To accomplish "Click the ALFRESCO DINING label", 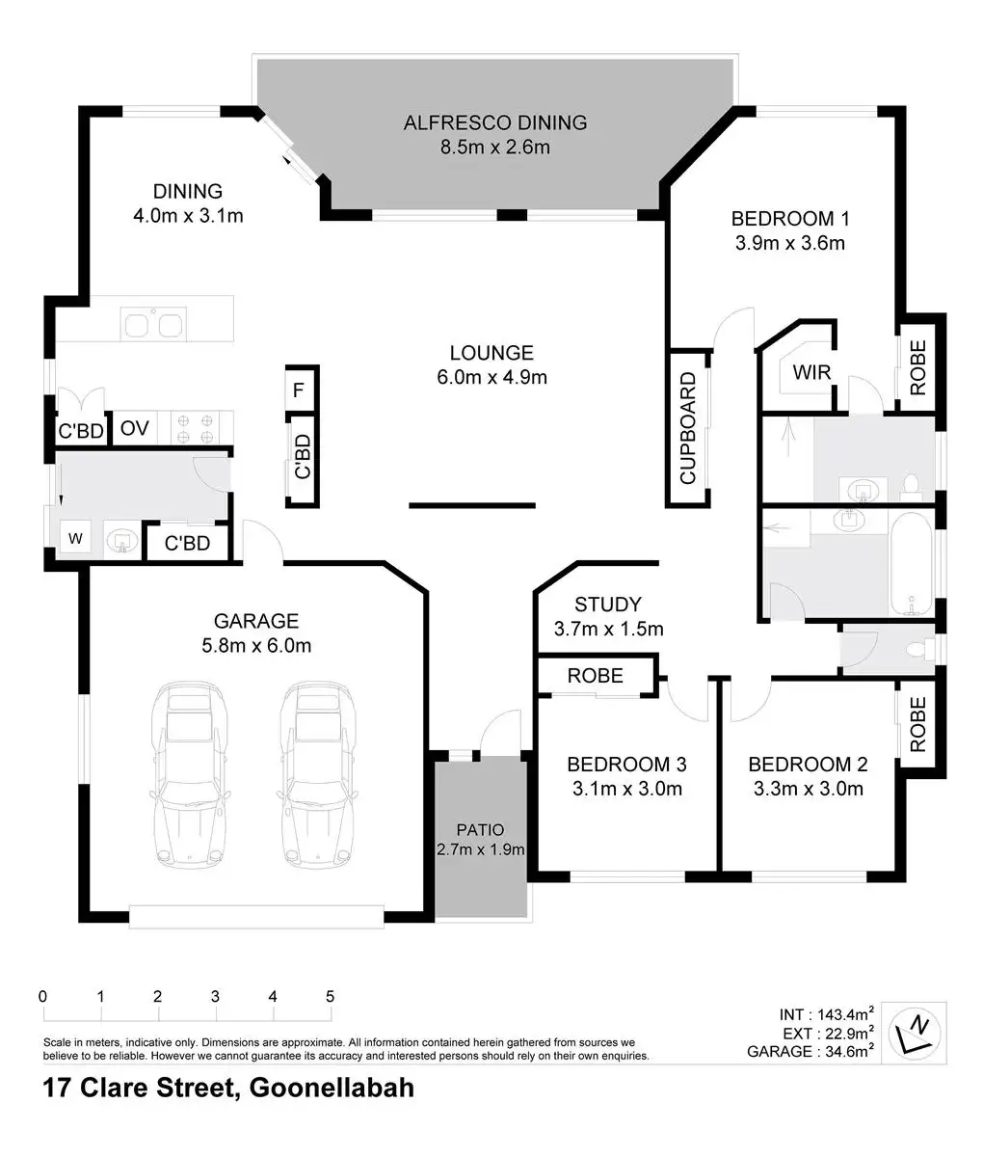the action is [495, 122].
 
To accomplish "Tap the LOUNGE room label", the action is [491, 353].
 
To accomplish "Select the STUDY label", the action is [607, 605].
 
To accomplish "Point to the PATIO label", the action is [480, 829].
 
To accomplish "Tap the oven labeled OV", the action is [134, 428].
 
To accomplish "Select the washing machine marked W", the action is [75, 538].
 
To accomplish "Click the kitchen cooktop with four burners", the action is [196, 428].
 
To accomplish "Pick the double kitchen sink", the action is [153, 325].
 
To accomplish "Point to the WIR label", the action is [811, 372].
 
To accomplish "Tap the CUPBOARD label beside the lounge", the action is [687, 428].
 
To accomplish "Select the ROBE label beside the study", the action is [595, 676].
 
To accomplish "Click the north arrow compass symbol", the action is [916, 1033].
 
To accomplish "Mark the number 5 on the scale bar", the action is [331, 996].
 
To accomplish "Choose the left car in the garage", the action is [189, 775].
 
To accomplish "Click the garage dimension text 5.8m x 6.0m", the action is [256, 645].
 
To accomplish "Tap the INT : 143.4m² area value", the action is [826, 1013].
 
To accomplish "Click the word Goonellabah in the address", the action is [332, 1088].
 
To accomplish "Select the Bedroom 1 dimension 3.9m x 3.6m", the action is [790, 243].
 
